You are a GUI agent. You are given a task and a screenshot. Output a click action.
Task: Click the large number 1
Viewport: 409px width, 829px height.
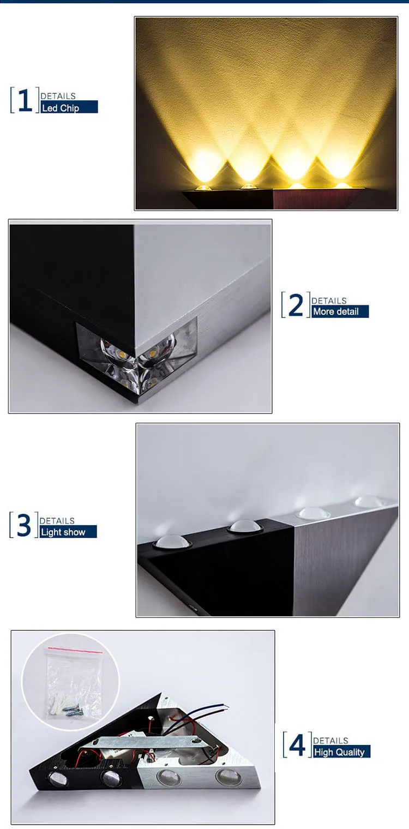25,100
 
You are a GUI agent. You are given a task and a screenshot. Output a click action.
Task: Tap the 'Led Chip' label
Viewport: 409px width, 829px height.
61,107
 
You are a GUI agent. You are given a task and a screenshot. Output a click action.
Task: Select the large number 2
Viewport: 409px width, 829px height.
296,305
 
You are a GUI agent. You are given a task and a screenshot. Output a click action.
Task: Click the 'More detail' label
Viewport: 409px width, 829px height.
336,311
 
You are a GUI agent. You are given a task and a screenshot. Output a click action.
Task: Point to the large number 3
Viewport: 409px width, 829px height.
24,525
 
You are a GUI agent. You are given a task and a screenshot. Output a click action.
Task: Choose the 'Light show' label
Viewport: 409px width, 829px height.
63,532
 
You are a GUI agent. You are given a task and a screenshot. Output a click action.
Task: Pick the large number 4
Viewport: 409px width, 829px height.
297,744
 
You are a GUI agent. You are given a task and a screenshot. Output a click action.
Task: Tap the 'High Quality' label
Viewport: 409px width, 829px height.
339,752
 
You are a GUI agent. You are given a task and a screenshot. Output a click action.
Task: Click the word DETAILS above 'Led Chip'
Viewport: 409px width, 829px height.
58,96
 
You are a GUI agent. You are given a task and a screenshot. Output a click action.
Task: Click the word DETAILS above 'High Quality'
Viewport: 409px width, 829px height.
330,741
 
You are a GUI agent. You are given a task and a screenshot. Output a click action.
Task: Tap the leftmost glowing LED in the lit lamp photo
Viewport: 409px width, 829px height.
203,188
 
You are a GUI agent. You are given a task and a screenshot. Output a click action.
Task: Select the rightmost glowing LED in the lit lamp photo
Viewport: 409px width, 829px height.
343,185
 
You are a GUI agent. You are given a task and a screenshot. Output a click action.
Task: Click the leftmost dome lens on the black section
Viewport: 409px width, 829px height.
172,542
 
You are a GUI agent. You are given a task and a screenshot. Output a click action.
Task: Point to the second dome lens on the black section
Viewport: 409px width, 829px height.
245,526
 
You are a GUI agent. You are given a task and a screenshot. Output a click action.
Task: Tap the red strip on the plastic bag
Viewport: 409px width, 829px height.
75,650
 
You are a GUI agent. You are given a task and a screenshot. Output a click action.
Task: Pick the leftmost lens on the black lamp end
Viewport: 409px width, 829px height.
57,779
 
